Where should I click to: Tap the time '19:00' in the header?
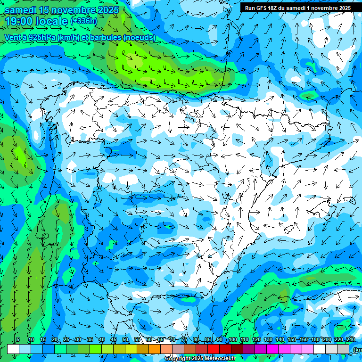coord(21,21)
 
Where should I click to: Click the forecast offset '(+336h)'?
coord(83,21)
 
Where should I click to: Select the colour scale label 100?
coord(233,340)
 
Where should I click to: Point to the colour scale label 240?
coord(350,340)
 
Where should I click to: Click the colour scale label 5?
coord(18,340)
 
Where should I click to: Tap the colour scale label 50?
coord(125,340)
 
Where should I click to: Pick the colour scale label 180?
coord(315,340)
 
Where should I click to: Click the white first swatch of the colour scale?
coord(13,349)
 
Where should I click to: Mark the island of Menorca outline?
coord(349,200)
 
